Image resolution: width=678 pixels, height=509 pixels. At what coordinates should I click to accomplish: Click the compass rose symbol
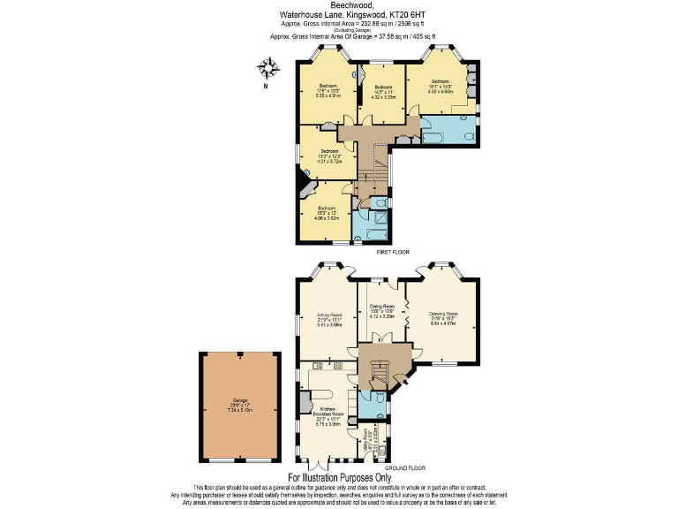pos(269,67)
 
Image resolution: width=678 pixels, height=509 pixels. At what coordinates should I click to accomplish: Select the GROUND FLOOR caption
pos(405,467)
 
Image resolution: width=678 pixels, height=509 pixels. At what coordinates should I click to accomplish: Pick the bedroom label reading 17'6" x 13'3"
pos(328,90)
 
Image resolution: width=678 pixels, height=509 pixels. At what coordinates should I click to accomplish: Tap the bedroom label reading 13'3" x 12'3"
pos(329,156)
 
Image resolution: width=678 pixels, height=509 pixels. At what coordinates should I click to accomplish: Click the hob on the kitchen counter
pos(337,366)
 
